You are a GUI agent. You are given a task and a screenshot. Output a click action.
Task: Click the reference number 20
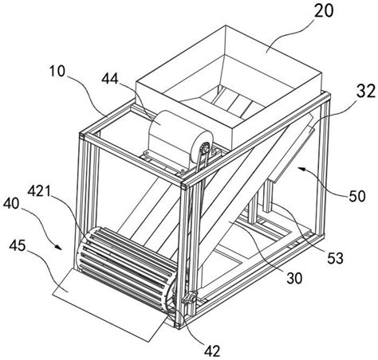(x=324, y=11)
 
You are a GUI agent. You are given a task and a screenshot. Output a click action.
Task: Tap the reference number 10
(x=57, y=71)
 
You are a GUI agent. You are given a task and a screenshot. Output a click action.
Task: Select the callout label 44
(x=110, y=78)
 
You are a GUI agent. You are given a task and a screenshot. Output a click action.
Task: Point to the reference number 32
(x=366, y=91)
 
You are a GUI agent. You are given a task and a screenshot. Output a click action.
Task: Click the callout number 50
(x=357, y=196)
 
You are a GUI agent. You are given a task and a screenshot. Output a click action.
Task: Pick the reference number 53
(x=335, y=258)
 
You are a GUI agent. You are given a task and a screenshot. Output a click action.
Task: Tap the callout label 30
(x=294, y=278)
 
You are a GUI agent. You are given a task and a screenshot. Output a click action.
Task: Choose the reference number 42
(x=212, y=351)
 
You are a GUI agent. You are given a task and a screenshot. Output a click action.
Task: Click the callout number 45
(x=18, y=245)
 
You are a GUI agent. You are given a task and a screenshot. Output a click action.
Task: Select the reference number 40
(x=11, y=204)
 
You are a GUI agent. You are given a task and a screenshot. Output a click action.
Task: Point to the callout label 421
(x=39, y=191)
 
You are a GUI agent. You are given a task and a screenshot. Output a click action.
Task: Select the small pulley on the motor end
(x=205, y=151)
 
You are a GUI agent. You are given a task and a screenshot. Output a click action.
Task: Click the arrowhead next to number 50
(x=301, y=168)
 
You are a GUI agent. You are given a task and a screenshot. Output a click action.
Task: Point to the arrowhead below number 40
(x=59, y=247)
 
